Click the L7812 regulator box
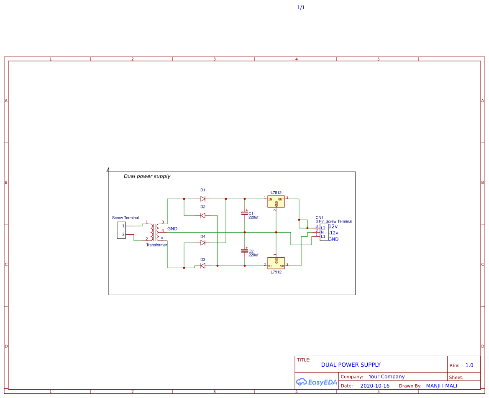tap(276, 201)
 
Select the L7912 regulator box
tap(276, 263)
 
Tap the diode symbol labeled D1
tap(203, 199)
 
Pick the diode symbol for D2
tap(203, 215)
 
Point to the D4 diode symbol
tap(203, 243)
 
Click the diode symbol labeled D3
tap(203, 266)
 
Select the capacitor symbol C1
tap(245, 213)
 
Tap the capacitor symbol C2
tap(245, 251)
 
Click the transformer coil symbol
tap(154, 231)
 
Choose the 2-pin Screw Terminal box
tap(121, 230)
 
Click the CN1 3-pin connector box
tap(323, 232)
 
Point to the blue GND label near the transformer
tap(172, 229)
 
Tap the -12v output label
tap(334, 233)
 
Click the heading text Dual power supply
tap(147, 176)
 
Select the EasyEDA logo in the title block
tap(317, 382)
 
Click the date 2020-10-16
tap(375, 386)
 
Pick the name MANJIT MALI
tap(441, 386)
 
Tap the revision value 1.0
tap(469, 365)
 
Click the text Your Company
tap(387, 377)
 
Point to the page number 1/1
tap(301, 8)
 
